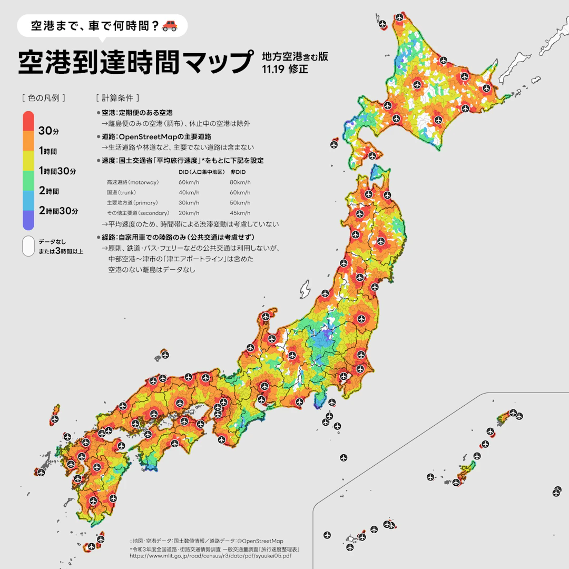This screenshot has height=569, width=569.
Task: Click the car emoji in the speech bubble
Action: coord(170,25)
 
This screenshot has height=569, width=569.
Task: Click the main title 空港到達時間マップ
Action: coord(135,62)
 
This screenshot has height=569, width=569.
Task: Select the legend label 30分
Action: coord(48,131)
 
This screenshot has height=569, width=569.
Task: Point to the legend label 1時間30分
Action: coord(57,171)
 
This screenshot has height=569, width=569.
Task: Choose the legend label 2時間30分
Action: coord(58,211)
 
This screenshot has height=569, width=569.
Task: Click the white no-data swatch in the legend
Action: coord(28,246)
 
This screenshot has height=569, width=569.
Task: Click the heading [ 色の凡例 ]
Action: coord(44,98)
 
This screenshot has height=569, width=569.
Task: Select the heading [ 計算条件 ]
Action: coord(117,98)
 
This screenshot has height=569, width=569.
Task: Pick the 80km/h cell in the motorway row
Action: coord(240,182)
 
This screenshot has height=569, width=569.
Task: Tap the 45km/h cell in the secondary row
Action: coord(240,213)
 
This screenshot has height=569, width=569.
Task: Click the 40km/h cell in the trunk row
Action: coord(189,192)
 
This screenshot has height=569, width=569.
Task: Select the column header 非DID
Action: coord(238,172)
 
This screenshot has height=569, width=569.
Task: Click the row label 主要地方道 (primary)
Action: coord(132,203)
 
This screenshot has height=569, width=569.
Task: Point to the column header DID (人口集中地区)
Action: coord(202,172)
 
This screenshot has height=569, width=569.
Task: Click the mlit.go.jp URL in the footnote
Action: coord(210,556)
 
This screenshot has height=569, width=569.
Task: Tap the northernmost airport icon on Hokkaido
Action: coord(400,17)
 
